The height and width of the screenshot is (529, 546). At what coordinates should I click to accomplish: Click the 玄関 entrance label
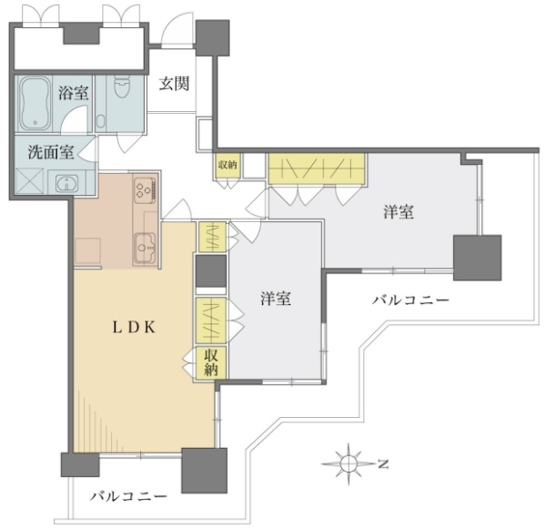point(174,84)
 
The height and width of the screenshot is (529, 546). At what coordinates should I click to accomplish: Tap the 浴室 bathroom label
point(73,93)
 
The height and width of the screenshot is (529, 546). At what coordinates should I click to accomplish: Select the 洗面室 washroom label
point(51,152)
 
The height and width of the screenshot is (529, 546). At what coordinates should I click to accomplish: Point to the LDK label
point(134,327)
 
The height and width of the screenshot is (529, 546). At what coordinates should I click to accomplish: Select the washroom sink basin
point(66,183)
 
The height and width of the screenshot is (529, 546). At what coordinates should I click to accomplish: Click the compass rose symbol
point(349,463)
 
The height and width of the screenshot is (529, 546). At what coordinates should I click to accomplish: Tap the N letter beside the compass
point(383,464)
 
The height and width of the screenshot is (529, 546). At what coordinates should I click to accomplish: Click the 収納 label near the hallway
point(227,165)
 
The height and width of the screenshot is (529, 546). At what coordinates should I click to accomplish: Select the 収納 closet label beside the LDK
point(211,362)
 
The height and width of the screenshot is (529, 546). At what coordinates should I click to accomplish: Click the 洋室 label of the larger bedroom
point(399,212)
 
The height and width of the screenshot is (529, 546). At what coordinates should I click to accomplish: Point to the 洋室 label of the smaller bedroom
point(276,299)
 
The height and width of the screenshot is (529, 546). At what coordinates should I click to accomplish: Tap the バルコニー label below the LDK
point(129,496)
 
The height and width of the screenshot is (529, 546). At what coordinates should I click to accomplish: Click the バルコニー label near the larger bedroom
point(411,300)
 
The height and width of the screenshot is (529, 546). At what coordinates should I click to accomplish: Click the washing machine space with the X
point(30,181)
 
